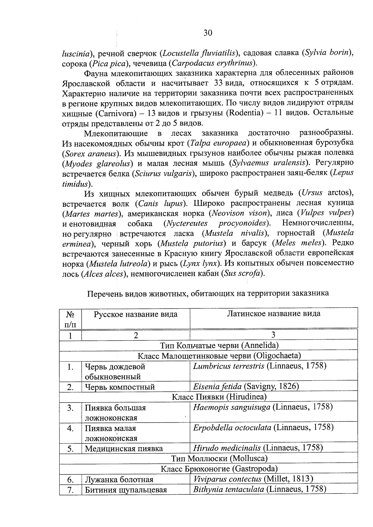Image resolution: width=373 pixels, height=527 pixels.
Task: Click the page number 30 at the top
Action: (x=208, y=33)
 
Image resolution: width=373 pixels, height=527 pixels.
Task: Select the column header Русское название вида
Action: (x=136, y=314)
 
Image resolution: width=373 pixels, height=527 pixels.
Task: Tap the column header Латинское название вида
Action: (x=274, y=314)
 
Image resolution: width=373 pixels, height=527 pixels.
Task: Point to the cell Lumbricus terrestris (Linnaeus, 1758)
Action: (x=260, y=366)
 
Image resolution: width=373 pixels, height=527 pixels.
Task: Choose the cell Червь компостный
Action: (x=120, y=387)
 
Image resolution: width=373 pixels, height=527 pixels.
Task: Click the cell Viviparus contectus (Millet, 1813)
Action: (x=253, y=479)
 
